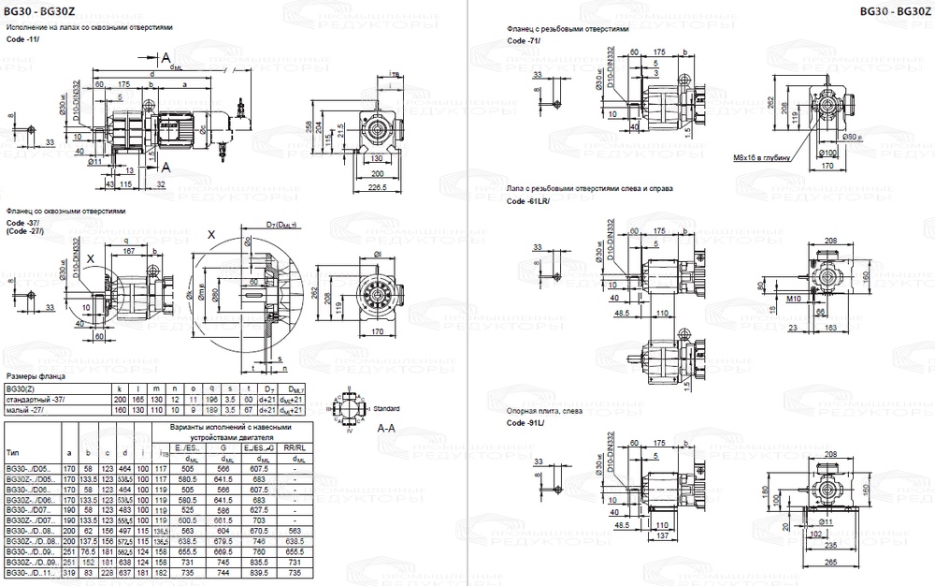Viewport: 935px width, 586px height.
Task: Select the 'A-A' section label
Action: point(385,428)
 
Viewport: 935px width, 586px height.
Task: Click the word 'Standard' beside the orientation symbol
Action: point(388,409)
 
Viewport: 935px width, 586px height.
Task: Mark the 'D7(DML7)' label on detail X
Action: point(280,226)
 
